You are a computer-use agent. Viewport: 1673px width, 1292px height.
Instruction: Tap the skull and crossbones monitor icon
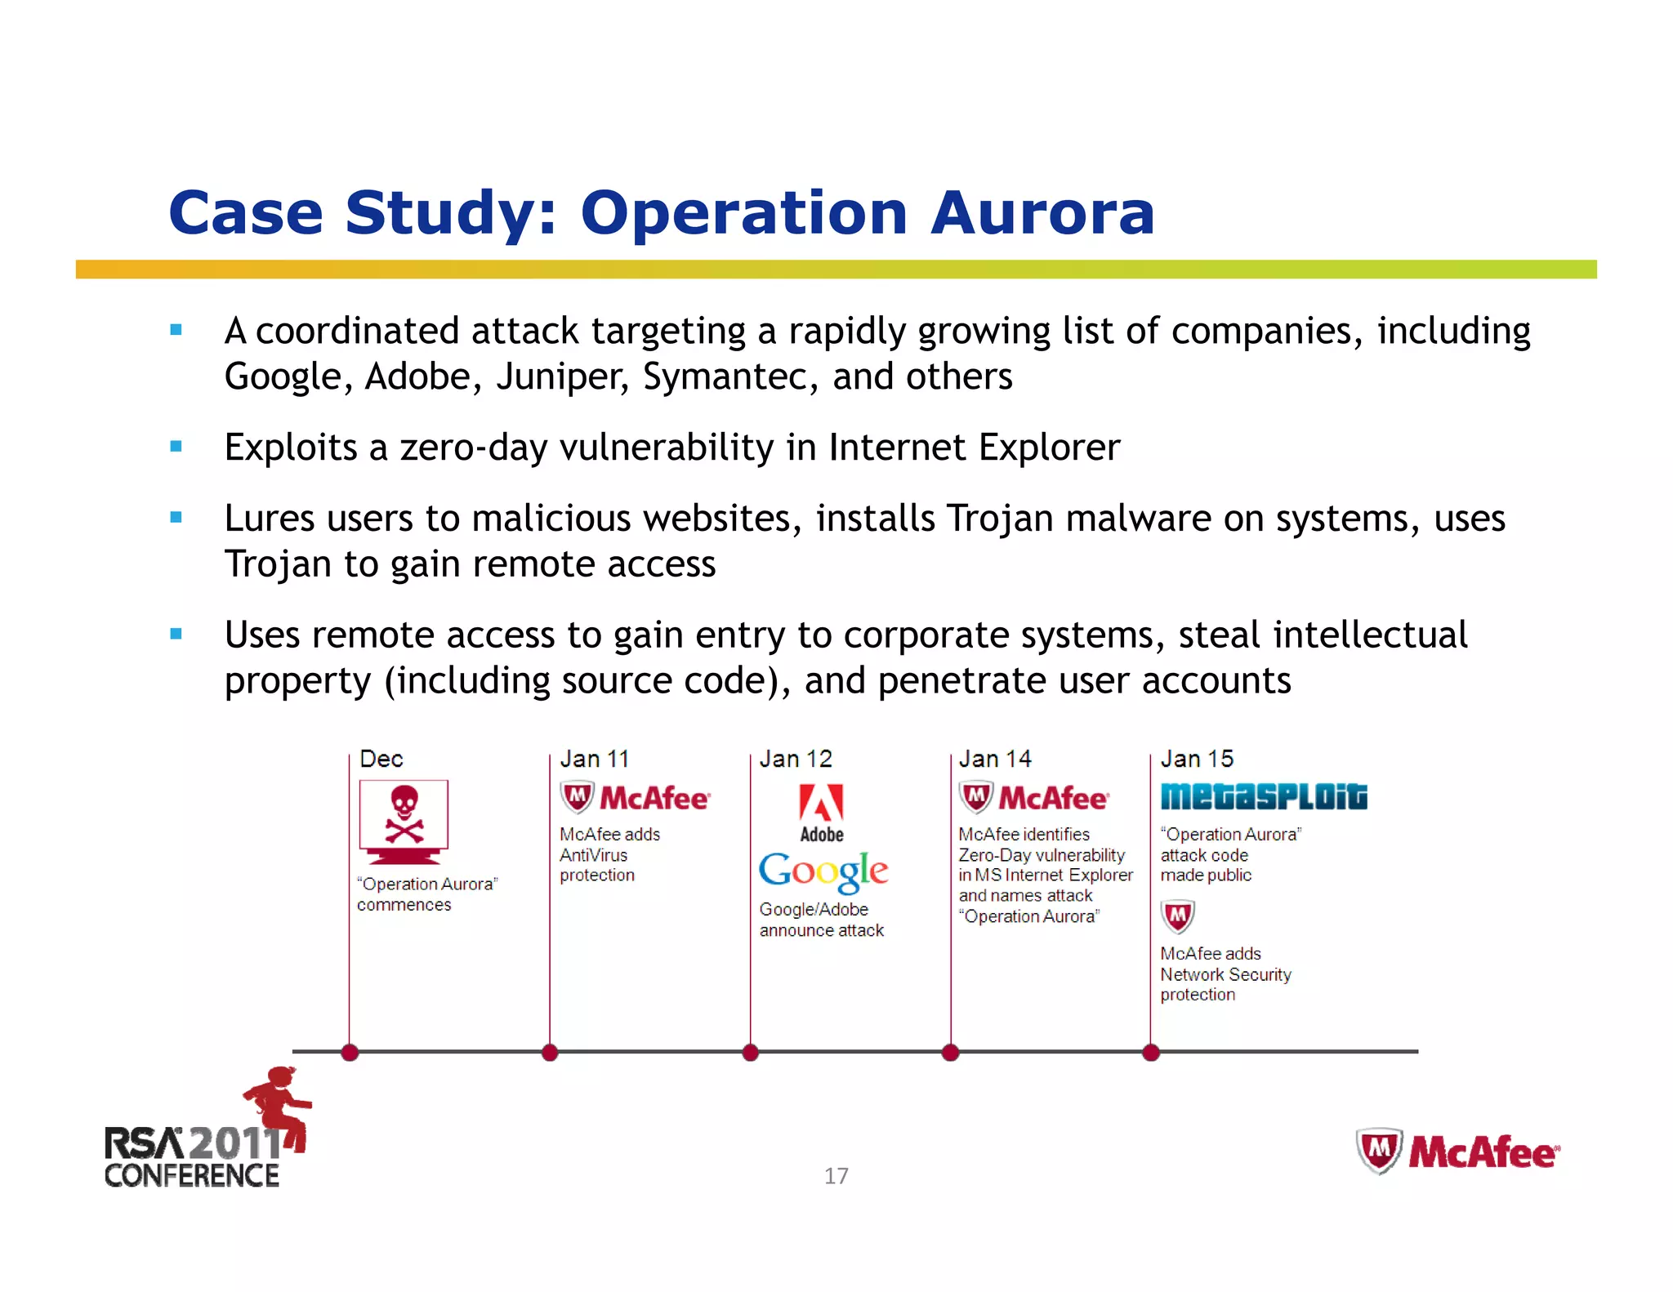[x=404, y=821]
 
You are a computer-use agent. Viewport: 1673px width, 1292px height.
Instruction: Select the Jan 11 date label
[x=594, y=759]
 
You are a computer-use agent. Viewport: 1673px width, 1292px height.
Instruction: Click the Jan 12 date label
[x=795, y=759]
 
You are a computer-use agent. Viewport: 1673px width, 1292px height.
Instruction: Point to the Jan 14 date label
[x=994, y=759]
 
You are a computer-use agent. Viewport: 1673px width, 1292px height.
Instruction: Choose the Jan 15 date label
[x=1196, y=759]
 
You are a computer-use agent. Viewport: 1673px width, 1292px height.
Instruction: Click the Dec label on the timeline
[x=381, y=759]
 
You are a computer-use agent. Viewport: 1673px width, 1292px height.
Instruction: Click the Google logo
[x=823, y=871]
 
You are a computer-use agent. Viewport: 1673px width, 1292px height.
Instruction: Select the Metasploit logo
[x=1263, y=797]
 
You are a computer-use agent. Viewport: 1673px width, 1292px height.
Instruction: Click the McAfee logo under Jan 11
[x=635, y=798]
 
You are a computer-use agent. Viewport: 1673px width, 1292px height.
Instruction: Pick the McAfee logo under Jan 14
[x=1033, y=798]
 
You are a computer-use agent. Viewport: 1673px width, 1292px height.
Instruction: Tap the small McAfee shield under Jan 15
[x=1177, y=916]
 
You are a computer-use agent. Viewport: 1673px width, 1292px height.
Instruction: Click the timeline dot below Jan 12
[x=750, y=1053]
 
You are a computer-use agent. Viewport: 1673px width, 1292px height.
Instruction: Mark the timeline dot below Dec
[x=350, y=1053]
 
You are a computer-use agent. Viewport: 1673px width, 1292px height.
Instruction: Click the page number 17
[x=836, y=1176]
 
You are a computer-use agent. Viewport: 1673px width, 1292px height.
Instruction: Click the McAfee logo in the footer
[x=1457, y=1152]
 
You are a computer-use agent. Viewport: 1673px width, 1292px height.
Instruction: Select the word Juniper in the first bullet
[x=561, y=377]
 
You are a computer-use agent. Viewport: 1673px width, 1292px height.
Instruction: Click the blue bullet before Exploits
[x=176, y=447]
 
